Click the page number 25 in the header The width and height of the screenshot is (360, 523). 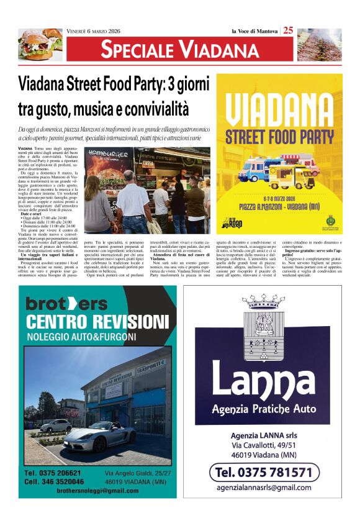(x=289, y=31)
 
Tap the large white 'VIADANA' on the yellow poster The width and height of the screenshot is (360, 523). (x=279, y=108)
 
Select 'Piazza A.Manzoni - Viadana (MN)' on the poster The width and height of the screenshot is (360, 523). (x=279, y=204)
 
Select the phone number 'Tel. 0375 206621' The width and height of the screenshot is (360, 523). (x=53, y=473)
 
